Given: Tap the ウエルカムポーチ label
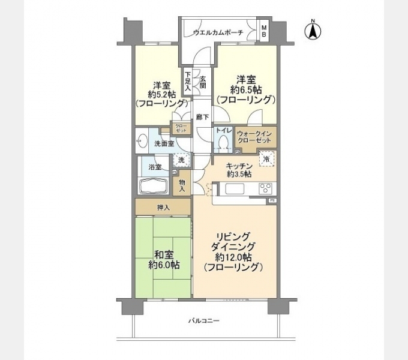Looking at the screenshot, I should click(218, 32).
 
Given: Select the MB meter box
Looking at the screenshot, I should click(263, 32).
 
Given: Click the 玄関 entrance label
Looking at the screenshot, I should click(203, 82).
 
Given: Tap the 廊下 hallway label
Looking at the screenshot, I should click(203, 119).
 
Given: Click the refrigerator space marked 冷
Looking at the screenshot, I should click(267, 159).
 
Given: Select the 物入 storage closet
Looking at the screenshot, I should click(182, 184).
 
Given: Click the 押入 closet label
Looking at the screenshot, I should click(163, 208).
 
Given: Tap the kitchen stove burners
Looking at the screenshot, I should click(265, 188).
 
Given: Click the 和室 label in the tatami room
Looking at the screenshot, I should click(163, 254).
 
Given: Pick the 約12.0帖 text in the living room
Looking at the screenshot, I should click(235, 257).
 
